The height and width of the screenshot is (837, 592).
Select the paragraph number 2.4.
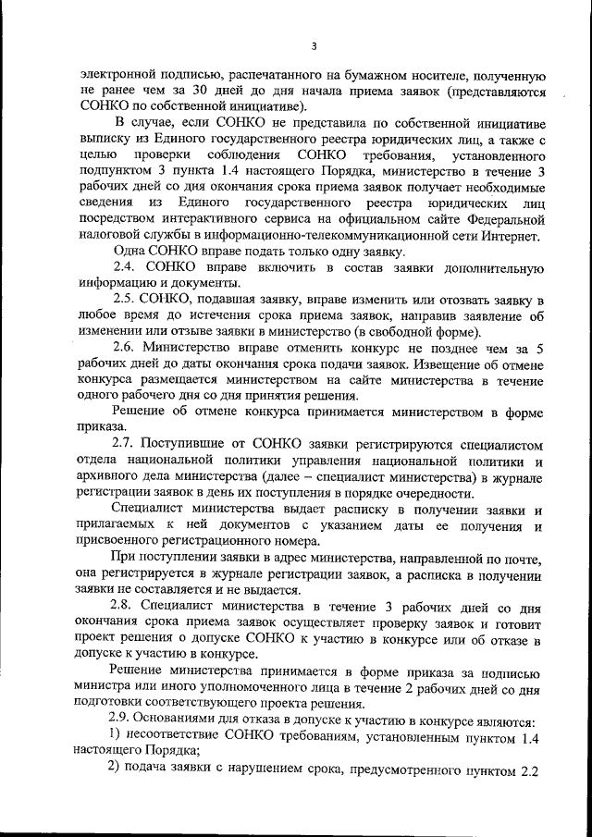(x=124, y=267)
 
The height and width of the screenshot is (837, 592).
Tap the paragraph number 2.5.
(x=125, y=301)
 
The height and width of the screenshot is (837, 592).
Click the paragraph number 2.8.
(x=125, y=607)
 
